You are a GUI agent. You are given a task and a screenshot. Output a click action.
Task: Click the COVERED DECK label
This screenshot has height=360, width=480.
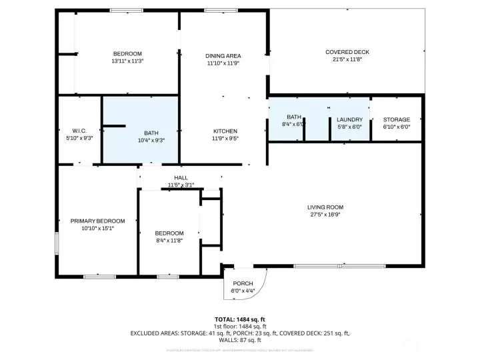[347, 52]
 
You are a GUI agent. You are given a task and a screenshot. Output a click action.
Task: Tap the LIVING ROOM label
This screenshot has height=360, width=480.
[325, 207]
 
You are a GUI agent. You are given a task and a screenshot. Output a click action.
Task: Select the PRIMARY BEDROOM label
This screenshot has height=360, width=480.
[98, 221]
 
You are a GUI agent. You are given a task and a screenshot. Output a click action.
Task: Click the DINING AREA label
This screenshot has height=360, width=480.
[223, 56]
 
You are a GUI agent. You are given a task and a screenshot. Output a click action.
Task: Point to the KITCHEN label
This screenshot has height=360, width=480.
[225, 131]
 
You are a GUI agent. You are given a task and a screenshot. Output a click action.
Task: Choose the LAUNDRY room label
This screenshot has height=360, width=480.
[349, 119]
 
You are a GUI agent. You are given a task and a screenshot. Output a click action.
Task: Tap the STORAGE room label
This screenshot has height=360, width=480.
[396, 119]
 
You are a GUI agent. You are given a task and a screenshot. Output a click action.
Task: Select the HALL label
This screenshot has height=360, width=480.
[181, 177]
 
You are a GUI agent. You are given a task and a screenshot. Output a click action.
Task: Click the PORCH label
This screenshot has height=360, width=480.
[243, 283]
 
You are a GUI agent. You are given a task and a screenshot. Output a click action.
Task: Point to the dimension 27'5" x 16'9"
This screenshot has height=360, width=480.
[325, 214]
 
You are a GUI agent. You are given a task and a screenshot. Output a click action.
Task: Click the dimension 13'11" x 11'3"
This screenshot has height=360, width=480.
[127, 61]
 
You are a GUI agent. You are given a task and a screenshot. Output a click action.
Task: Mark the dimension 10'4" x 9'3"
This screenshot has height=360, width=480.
[151, 140]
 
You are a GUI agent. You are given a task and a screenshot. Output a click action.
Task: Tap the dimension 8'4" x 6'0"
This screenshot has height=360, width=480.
[294, 125]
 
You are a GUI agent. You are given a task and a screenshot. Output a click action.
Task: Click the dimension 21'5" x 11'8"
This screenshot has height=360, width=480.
[347, 59]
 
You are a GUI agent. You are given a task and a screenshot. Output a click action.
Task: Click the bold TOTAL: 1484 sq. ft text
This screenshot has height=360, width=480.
[239, 319]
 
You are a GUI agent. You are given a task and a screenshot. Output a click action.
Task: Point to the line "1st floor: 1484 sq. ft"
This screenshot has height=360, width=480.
[239, 325]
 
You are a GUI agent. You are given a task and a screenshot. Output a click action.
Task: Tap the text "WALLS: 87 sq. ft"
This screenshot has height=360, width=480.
[239, 339]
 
